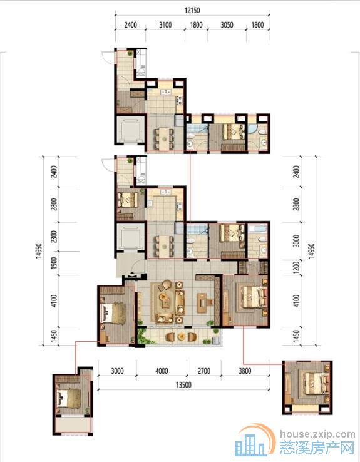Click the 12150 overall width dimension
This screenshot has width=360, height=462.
pyautogui.click(x=192, y=10)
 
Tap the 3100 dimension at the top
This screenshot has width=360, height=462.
pyautogui.click(x=165, y=25)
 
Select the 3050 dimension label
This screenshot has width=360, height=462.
pyautogui.click(x=227, y=25)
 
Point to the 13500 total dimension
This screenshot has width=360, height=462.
pyautogui.click(x=183, y=385)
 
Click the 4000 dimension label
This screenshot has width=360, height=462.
pyautogui.click(x=162, y=371)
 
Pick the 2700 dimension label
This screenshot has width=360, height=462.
pyautogui.click(x=204, y=371)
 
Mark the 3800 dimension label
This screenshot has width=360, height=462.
pyautogui.click(x=245, y=371)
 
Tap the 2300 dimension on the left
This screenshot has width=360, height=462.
pyautogui.click(x=54, y=237)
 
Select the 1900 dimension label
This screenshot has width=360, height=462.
pyautogui.click(x=54, y=264)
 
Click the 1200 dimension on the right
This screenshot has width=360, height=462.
pyautogui.click(x=296, y=267)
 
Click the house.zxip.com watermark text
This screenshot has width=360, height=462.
pyautogui.click(x=317, y=434)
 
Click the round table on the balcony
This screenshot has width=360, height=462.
pyautogui.click(x=181, y=336)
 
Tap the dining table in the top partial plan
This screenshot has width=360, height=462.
pyautogui.click(x=163, y=138)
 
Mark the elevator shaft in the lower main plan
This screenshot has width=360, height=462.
pyautogui.click(x=130, y=237)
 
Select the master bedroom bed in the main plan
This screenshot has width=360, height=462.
pyautogui.click(x=254, y=297)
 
